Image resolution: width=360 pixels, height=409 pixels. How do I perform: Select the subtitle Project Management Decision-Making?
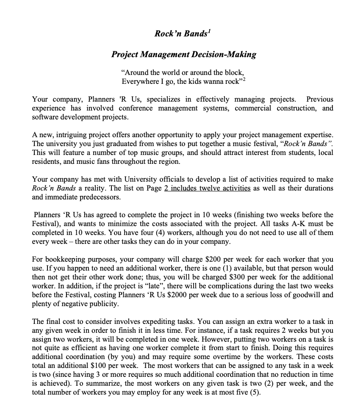coord(183,54)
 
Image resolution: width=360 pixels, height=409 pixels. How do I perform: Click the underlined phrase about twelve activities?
coord(207,188)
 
